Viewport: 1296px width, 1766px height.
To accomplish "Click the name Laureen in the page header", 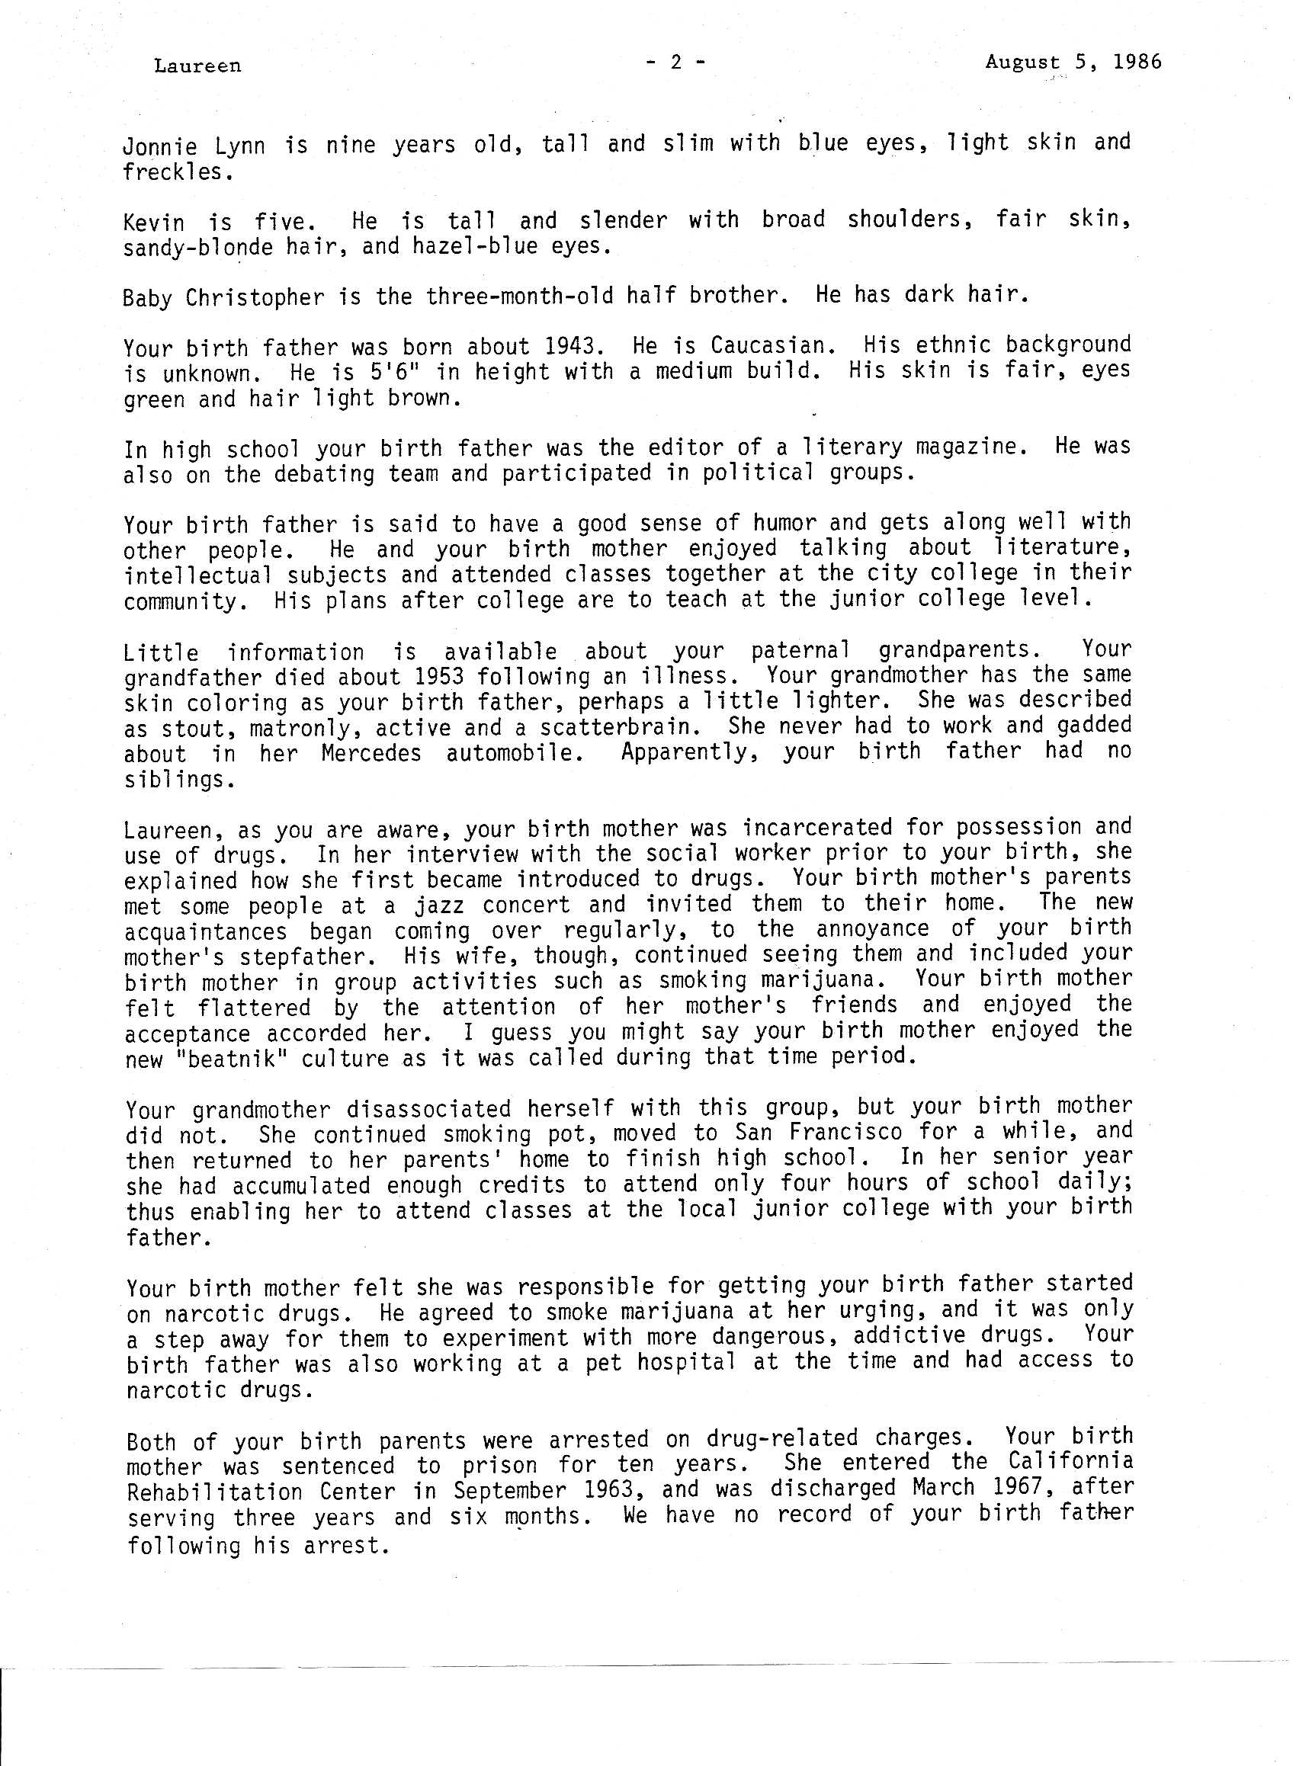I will (197, 66).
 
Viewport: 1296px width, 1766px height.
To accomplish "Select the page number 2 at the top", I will (675, 62).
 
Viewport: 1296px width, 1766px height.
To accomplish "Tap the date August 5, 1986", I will (1073, 62).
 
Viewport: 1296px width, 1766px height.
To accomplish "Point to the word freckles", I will (178, 171).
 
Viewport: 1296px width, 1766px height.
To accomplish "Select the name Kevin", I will (153, 222).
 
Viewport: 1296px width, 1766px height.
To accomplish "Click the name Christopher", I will (255, 298).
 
